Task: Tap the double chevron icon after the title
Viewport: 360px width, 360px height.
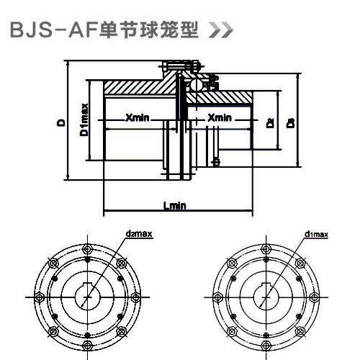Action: (220, 33)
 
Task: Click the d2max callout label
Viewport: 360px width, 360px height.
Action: (135, 233)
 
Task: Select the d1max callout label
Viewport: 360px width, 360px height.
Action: (316, 233)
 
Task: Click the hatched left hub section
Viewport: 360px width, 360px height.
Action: (137, 89)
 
